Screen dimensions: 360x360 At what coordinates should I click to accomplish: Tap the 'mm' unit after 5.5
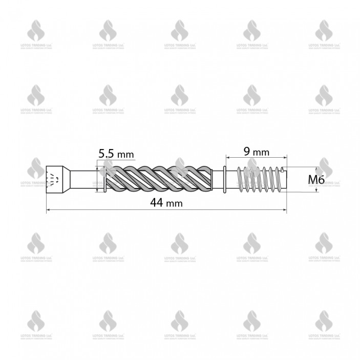[x=124, y=154]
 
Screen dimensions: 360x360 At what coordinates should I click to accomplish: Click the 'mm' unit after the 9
[x=261, y=152]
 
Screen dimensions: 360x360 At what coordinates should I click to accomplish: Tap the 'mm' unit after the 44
[x=175, y=203]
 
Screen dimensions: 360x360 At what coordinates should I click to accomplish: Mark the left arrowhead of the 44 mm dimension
[x=48, y=209]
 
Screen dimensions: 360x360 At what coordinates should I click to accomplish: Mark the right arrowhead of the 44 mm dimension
[x=285, y=209]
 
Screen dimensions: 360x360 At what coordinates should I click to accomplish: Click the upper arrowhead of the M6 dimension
[x=316, y=170]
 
